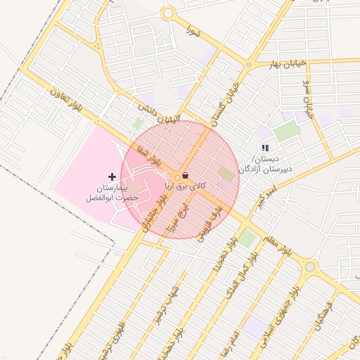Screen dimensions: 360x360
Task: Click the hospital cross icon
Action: coord(112,175)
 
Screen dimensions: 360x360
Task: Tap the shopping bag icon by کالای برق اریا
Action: coord(185,175)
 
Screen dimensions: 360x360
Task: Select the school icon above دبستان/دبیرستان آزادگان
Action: coord(264,148)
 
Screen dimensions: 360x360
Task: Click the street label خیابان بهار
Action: coord(287,64)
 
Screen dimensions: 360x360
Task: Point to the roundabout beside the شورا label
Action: coord(167,13)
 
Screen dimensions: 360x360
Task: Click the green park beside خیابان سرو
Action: coord(286,130)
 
